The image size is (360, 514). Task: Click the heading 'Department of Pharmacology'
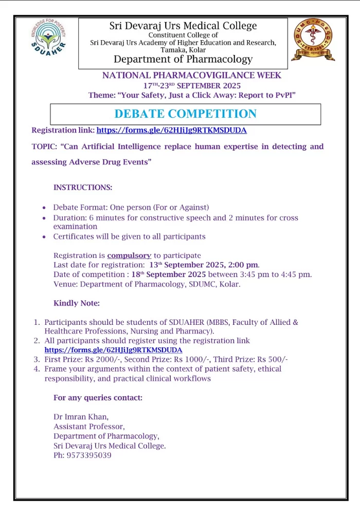[183, 60]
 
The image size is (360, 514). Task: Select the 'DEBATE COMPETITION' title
[185, 114]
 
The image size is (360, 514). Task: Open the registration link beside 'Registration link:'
[172, 131]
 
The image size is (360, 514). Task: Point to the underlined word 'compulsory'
[129, 255]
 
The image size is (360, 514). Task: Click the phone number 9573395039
[89, 455]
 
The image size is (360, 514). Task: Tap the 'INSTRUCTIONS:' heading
[83, 188]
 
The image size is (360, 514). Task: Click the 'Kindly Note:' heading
[77, 303]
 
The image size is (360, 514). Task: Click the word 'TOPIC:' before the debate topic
[45, 146]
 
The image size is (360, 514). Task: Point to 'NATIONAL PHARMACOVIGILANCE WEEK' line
[192, 76]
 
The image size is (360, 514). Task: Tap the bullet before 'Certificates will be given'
[44, 237]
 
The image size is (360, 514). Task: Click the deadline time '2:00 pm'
[244, 265]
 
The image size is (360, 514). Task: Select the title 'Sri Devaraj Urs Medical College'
[183, 26]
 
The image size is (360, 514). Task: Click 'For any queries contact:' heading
[98, 398]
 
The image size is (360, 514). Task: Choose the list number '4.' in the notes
[37, 369]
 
